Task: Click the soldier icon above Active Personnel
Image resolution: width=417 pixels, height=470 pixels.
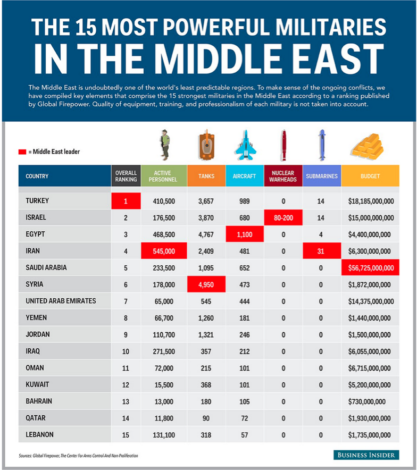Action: coord(164,145)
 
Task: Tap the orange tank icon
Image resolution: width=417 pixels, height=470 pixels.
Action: coord(206,145)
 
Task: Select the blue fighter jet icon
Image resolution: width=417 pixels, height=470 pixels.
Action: coord(245,145)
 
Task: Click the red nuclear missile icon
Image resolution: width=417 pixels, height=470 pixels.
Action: coord(283,145)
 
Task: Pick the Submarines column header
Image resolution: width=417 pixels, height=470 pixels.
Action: coord(322,176)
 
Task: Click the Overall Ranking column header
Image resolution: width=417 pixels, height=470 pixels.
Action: coord(126,176)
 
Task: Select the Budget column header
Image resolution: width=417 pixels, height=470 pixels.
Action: coord(370,176)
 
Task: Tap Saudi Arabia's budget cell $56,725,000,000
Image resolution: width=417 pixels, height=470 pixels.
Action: coord(371,267)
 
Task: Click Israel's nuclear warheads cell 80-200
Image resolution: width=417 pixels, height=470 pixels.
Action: coord(283,217)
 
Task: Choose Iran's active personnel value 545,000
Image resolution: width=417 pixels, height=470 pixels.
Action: coord(164,251)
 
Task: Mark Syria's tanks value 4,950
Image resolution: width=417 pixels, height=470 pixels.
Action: coord(206,284)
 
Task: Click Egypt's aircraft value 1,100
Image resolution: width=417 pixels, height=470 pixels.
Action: coord(245,234)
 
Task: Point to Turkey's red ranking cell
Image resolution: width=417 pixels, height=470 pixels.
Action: coord(126,201)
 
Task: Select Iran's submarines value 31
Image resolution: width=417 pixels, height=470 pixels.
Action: coord(322,251)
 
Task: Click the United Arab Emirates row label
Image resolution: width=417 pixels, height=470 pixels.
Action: coord(61,301)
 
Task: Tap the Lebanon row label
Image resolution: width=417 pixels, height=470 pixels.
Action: coord(39,434)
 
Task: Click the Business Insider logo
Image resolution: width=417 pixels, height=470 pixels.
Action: coord(366,455)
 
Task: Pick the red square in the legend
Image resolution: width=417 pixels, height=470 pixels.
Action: coord(22,152)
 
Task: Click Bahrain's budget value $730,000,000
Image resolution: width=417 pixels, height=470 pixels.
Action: coord(366,401)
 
